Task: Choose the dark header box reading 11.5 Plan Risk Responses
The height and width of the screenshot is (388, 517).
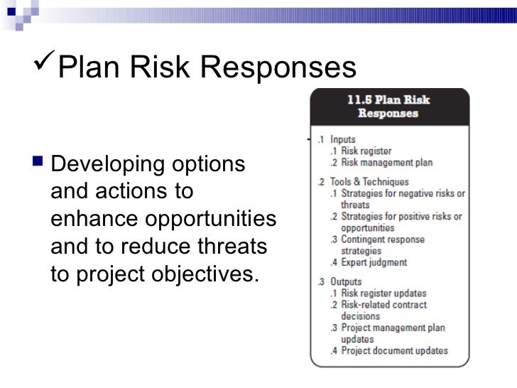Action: point(388,106)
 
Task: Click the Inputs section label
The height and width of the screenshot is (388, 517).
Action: point(343,140)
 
